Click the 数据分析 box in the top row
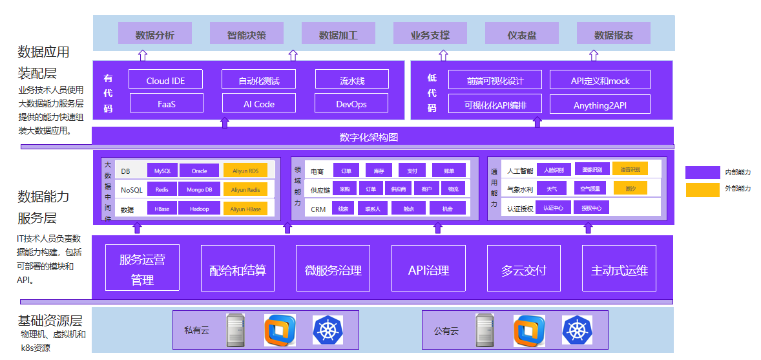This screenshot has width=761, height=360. [155, 35]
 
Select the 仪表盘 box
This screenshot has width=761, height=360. [522, 35]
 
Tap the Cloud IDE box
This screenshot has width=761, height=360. [165, 80]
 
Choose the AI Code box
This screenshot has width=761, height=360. [259, 103]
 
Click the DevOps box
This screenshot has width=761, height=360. [351, 103]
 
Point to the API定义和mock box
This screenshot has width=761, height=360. [600, 80]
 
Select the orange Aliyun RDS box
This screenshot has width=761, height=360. [245, 171]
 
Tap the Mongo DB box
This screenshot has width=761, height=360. [200, 189]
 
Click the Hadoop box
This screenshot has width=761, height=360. [200, 209]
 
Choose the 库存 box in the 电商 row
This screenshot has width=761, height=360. [379, 171]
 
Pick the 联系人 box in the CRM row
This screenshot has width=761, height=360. [373, 209]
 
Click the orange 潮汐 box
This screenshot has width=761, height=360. [630, 189]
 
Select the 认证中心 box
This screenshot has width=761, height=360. [553, 208]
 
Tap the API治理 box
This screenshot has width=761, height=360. [428, 269]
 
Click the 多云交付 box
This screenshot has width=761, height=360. [523, 269]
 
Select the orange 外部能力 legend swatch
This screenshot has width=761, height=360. [702, 189]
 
